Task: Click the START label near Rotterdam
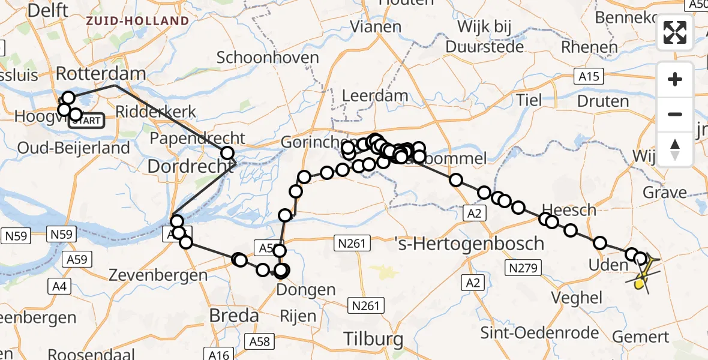(88, 121)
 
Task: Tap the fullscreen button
(675, 32)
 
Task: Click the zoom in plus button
(675, 79)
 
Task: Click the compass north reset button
(675, 149)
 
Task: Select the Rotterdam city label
(101, 74)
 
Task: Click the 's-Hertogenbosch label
(470, 244)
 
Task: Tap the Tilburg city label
(374, 339)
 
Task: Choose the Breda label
(233, 315)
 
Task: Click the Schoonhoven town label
(268, 58)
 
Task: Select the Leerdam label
(375, 95)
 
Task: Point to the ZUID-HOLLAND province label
(137, 21)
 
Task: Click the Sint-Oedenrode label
(539, 333)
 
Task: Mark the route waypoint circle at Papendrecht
(227, 153)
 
